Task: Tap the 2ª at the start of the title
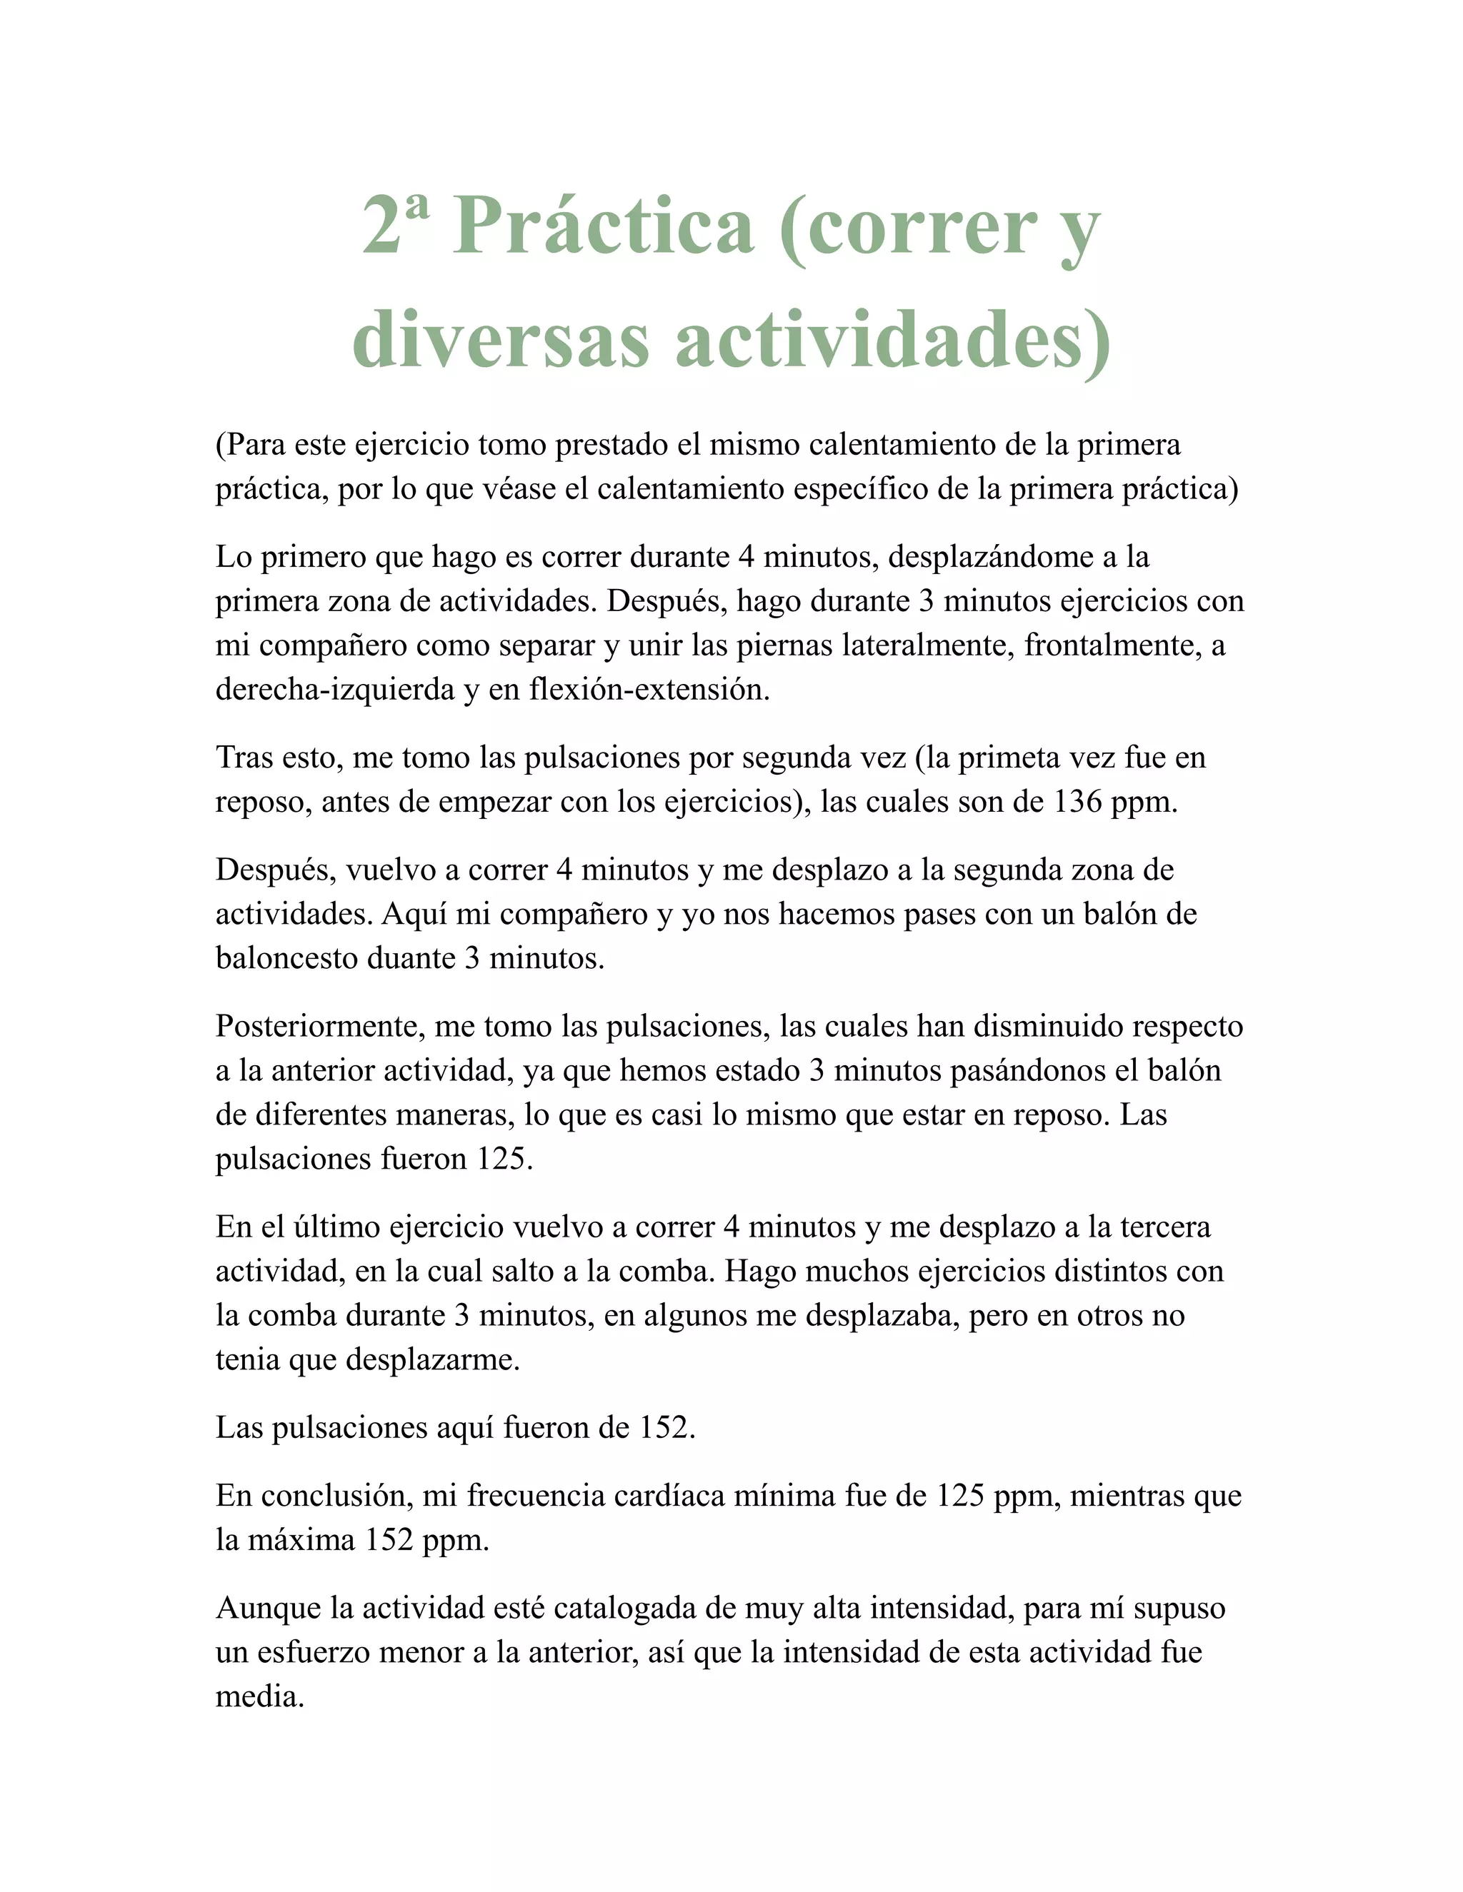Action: click(x=394, y=223)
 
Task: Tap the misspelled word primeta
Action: click(x=1009, y=758)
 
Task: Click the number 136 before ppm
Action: click(x=1077, y=802)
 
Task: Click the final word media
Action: click(x=259, y=1697)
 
